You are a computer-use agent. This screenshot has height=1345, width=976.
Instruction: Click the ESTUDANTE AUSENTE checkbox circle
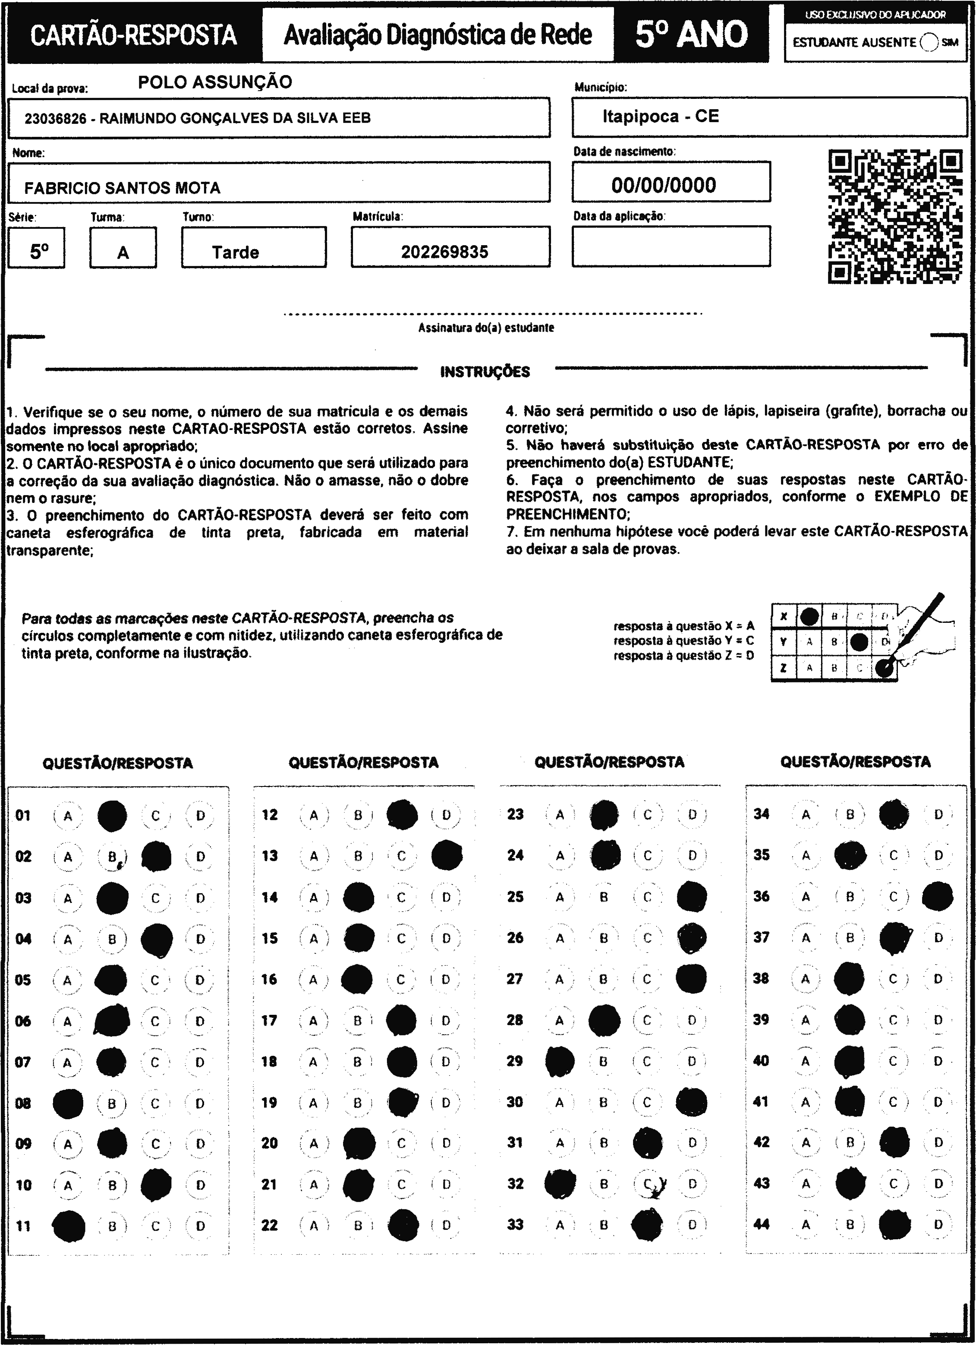pos(930,42)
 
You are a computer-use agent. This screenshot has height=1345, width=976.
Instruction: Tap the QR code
pos(895,217)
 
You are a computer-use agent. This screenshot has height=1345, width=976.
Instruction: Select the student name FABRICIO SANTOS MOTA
pos(122,188)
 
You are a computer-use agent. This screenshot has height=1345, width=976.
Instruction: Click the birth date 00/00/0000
pos(664,185)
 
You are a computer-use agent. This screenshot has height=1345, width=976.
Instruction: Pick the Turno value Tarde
pos(236,253)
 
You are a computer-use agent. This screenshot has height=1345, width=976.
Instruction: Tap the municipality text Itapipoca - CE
pos(661,116)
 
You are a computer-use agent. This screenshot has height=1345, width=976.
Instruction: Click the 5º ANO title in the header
pos(691,35)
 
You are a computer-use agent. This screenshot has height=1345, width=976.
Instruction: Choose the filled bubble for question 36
pos(938,897)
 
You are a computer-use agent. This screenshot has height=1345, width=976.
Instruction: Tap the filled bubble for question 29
pos(560,1061)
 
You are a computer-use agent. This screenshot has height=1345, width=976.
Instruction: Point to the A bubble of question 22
pos(314,1225)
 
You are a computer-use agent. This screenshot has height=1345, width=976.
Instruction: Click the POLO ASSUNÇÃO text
pos(214,82)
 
